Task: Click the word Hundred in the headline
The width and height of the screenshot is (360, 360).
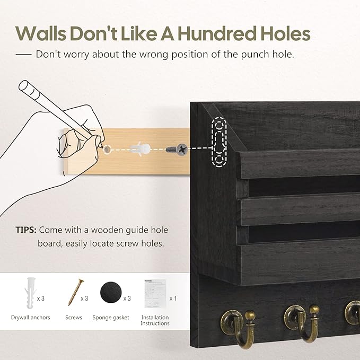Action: click(x=217, y=34)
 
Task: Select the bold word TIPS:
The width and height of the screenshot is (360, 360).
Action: click(x=26, y=230)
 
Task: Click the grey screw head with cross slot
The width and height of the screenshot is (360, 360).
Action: click(x=182, y=150)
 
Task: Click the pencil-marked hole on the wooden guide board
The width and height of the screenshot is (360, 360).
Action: click(x=107, y=150)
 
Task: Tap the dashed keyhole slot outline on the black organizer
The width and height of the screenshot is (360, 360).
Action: click(x=219, y=142)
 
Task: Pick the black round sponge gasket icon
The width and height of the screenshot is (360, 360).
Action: click(x=110, y=292)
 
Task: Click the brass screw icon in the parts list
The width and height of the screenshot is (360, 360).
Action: click(x=76, y=292)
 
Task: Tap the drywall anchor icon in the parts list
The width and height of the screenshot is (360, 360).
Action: click(x=30, y=293)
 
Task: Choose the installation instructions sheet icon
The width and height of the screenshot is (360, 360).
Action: click(x=155, y=294)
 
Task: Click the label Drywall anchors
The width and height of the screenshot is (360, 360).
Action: click(x=31, y=318)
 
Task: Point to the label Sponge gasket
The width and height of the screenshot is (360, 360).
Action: click(x=111, y=318)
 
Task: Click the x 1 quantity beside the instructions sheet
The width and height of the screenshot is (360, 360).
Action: click(x=173, y=298)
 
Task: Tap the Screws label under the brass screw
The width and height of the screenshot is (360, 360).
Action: click(x=74, y=318)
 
